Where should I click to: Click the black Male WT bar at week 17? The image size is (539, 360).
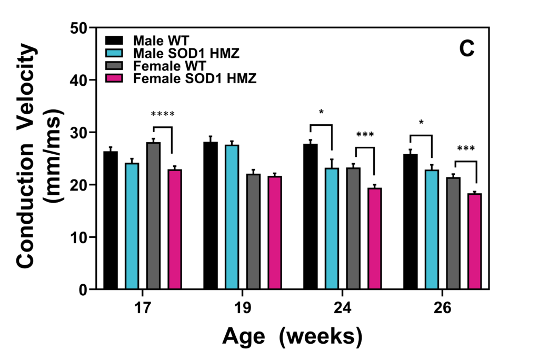tap(111, 221)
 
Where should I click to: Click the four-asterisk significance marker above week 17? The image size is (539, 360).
tap(162, 114)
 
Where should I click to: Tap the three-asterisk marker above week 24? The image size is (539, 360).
tap(365, 135)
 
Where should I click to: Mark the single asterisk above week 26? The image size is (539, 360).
tap(421, 123)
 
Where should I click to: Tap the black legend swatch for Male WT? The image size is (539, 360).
tap(114, 41)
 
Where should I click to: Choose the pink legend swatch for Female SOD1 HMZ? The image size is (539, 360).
tap(114, 79)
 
